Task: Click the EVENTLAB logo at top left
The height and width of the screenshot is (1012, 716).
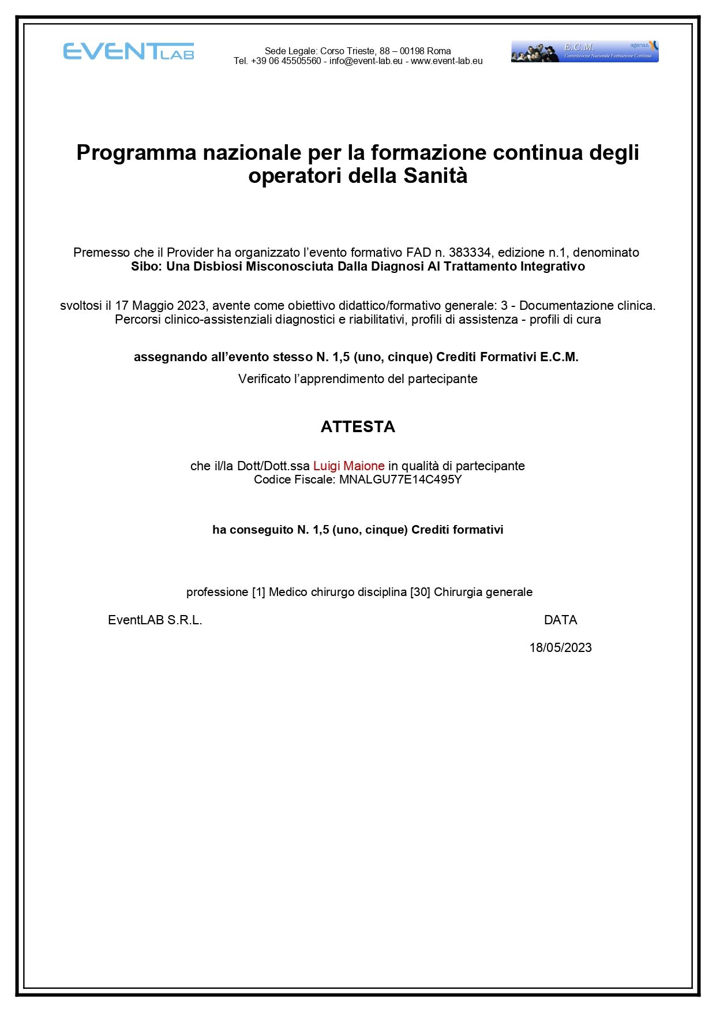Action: (x=128, y=51)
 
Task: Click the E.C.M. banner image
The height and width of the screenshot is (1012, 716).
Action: (x=584, y=51)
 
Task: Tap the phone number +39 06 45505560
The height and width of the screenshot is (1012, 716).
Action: (x=286, y=61)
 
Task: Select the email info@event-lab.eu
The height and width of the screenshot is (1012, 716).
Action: (x=366, y=61)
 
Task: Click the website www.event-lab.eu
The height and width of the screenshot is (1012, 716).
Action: (x=447, y=61)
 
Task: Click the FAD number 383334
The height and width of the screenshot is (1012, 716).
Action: (x=470, y=253)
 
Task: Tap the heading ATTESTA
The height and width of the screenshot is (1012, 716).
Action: (x=358, y=427)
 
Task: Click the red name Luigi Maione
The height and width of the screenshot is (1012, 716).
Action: (x=348, y=466)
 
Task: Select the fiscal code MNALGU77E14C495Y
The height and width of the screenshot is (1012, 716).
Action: (x=400, y=480)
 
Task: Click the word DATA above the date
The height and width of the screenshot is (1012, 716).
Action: (x=560, y=620)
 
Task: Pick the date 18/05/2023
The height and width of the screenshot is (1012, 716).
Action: (x=560, y=648)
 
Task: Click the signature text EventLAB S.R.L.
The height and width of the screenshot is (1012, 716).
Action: (x=155, y=620)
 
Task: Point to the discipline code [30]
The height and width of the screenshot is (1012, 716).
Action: (x=420, y=593)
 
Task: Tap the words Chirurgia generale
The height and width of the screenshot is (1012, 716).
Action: (x=483, y=593)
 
